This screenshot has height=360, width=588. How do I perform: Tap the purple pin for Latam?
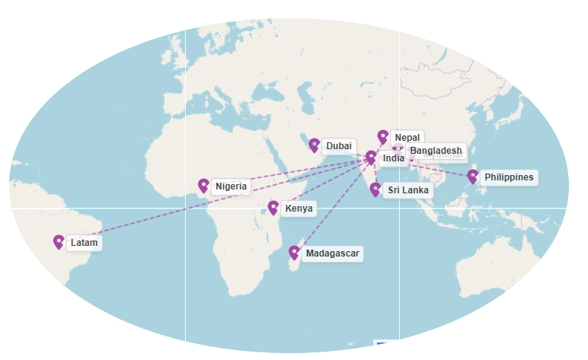pyautogui.click(x=59, y=242)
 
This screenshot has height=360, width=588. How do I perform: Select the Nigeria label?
pyautogui.click(x=231, y=186)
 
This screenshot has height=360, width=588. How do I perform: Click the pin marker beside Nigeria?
pyautogui.click(x=203, y=185)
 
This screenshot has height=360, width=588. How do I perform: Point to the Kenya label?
pyautogui.click(x=299, y=209)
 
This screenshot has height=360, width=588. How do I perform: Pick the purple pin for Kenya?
pyautogui.click(x=273, y=208)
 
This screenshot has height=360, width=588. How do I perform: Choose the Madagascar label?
pyautogui.click(x=331, y=253)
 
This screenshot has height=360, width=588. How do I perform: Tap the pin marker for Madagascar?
pyautogui.click(x=294, y=253)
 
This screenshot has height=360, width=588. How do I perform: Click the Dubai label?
pyautogui.click(x=338, y=146)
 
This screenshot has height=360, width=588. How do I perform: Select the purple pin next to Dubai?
pyautogui.click(x=314, y=145)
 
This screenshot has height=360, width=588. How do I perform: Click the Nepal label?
pyautogui.click(x=407, y=138)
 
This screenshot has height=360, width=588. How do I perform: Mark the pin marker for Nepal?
pyautogui.click(x=382, y=137)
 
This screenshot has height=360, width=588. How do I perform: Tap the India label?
pyautogui.click(x=393, y=158)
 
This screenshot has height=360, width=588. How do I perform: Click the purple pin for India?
pyautogui.click(x=371, y=158)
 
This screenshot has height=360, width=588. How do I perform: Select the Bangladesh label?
pyautogui.click(x=436, y=151)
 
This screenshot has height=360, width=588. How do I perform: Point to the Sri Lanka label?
pyautogui.click(x=407, y=190)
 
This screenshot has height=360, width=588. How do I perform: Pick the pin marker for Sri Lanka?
pyautogui.click(x=375, y=190)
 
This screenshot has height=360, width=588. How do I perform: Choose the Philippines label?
pyautogui.click(x=508, y=177)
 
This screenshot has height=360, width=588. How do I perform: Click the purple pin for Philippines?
pyautogui.click(x=472, y=177)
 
